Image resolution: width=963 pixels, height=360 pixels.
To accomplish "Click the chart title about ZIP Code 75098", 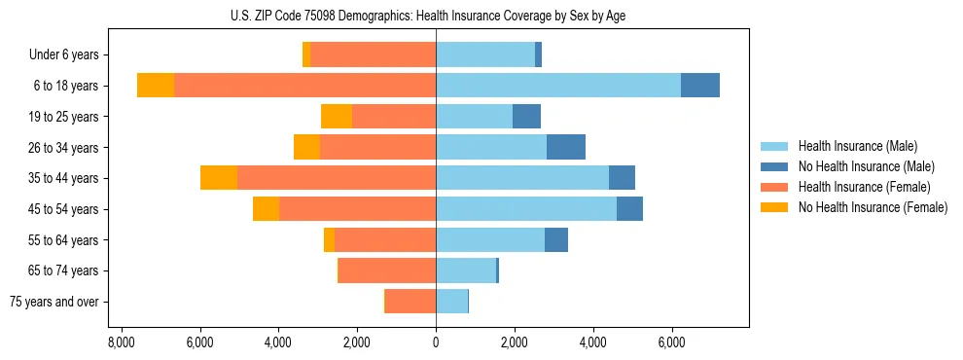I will tap(436, 15).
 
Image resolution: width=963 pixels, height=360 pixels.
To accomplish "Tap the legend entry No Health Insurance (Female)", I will tap(873, 207).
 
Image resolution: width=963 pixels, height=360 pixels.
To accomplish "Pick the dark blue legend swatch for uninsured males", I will tap(775, 166).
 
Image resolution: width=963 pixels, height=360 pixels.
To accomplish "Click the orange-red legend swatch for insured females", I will tap(775, 187).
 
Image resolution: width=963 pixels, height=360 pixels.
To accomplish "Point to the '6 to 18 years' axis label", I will tap(65, 86).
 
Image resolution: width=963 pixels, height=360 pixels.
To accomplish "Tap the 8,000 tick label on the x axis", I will tap(121, 343).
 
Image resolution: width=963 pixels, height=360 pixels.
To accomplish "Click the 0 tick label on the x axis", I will tap(436, 343).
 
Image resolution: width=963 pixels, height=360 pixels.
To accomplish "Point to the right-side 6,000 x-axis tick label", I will tap(672, 343).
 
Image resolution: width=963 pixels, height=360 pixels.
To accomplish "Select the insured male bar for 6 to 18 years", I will tap(558, 86).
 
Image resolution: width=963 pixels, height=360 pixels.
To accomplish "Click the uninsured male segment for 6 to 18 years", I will tap(700, 86).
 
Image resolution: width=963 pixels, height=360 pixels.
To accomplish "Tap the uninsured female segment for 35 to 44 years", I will tap(219, 178).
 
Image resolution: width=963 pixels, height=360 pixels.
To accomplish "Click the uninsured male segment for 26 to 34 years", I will tap(566, 147).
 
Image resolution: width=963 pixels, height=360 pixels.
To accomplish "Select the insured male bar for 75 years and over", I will tap(451, 302).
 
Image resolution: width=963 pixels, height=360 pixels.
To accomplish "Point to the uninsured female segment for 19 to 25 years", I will tap(337, 117).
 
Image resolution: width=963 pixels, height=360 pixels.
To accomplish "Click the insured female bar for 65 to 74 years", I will tap(387, 270).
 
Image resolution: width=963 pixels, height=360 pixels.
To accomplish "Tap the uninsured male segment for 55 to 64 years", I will tap(556, 240).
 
